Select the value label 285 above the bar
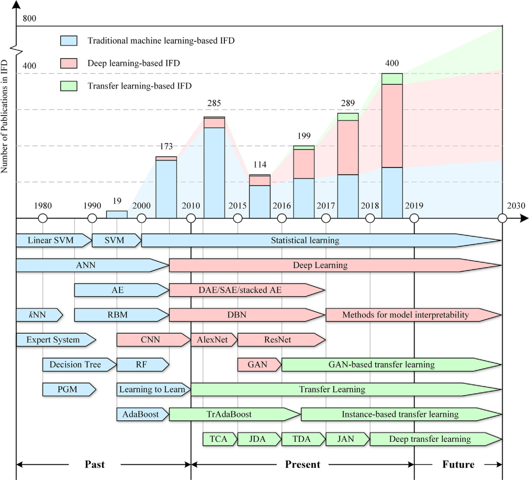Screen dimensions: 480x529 214,103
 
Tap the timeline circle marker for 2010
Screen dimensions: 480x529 191,218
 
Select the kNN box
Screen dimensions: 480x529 38,315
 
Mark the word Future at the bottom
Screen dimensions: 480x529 458,464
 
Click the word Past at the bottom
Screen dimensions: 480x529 95,464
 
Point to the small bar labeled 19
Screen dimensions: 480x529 117,214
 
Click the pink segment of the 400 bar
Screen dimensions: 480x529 392,126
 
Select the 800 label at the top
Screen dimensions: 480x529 30,19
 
